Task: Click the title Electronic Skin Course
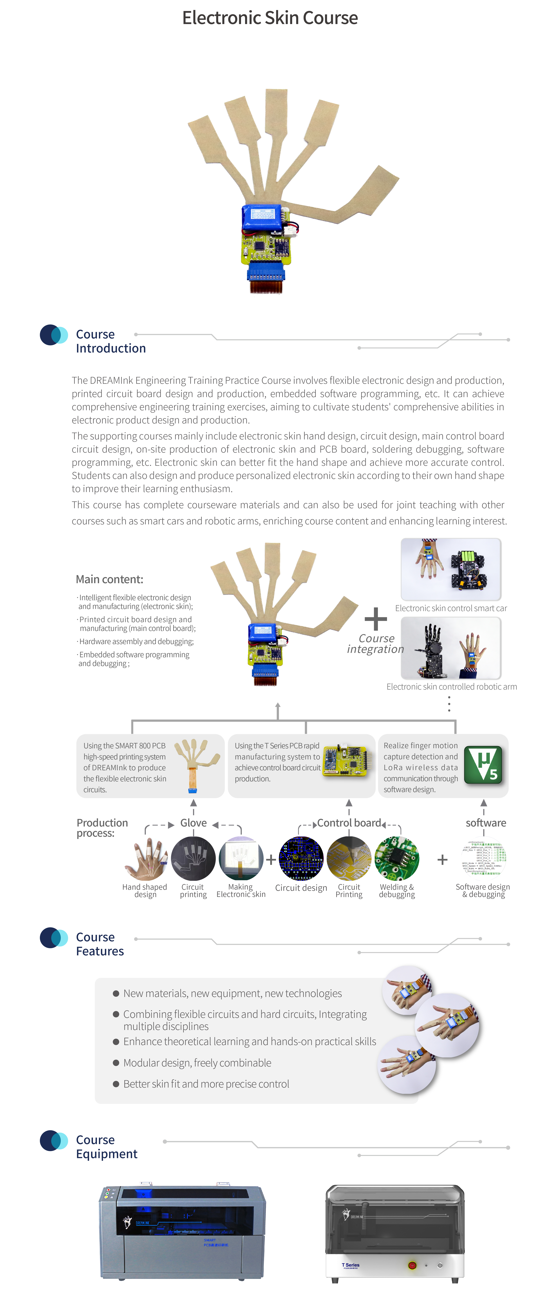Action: coord(270,18)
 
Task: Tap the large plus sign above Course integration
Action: coord(376,619)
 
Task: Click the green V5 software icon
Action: coord(483,765)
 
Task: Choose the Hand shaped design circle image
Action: coord(145,858)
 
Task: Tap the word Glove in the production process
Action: coord(194,823)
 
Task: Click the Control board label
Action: coord(349,823)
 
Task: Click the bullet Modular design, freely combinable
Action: coord(197,1062)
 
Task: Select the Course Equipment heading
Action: coord(106,1147)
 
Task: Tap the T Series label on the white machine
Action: coord(351,1265)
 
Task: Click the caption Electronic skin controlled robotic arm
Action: coord(451,687)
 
